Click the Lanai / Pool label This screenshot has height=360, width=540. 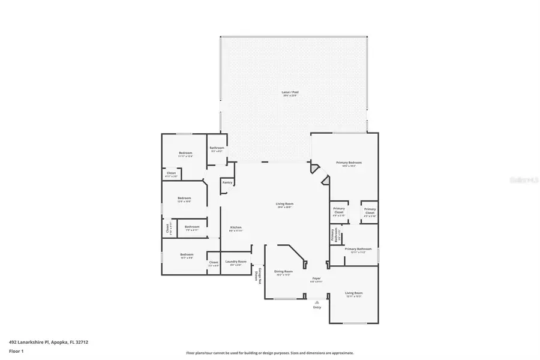point(290,94)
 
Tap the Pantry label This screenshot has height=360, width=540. point(227,182)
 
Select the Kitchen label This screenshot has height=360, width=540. point(236,228)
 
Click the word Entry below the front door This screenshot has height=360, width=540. point(317,307)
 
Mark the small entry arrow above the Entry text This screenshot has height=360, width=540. point(317,302)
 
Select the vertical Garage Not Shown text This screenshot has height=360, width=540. point(258,275)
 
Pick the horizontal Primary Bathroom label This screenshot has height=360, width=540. point(358,250)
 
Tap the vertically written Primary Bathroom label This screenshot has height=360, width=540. point(335,235)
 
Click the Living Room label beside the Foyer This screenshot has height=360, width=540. point(354,294)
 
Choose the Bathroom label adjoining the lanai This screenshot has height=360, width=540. point(217,149)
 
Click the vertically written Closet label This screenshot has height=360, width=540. point(169,229)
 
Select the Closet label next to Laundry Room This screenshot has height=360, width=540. point(214,263)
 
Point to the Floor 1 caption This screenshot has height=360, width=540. point(16,353)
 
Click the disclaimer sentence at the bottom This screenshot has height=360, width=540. point(269,353)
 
